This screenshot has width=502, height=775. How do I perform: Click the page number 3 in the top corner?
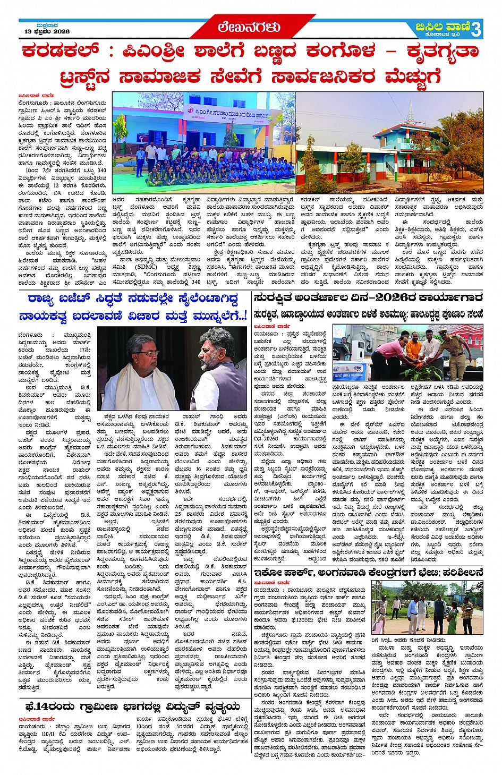tap(476, 29)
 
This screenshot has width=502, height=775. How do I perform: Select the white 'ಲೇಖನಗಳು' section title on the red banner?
tap(249, 27)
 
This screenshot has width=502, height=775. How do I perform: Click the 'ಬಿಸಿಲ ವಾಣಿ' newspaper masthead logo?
tap(443, 27)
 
